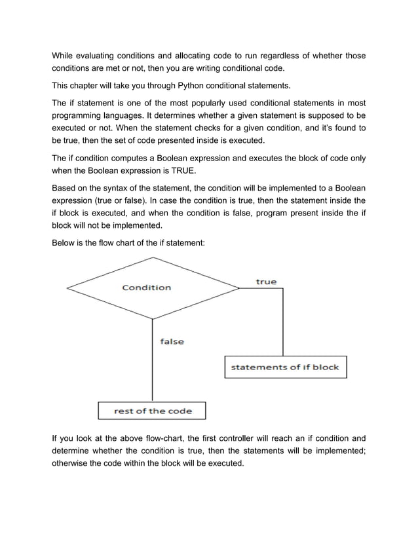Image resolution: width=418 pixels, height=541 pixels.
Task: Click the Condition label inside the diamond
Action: [x=147, y=288]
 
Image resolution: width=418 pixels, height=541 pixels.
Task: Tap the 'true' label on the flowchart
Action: [x=266, y=282]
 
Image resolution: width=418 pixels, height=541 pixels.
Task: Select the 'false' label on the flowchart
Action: [x=172, y=341]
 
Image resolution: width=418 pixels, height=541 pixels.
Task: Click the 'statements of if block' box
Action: [x=285, y=367]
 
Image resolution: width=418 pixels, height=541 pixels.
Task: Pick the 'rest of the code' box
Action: [x=153, y=411]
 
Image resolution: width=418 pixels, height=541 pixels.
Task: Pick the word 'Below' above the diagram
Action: [x=64, y=243]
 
